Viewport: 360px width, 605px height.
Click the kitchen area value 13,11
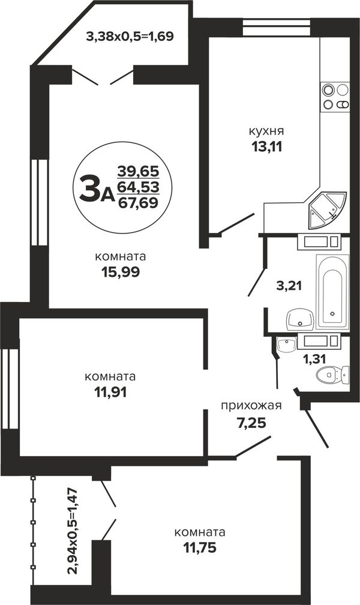tap(266, 146)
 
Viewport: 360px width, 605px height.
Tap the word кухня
tap(266, 131)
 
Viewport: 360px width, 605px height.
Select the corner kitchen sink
tap(328, 210)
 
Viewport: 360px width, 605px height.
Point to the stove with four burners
tap(335, 97)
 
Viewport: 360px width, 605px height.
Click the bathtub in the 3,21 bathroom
tap(332, 292)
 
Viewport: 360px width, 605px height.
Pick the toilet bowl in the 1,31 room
tap(332, 375)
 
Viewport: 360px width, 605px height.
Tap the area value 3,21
tap(289, 286)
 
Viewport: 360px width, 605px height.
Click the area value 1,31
tap(314, 359)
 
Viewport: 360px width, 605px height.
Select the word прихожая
tap(251, 406)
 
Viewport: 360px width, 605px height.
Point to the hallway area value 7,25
tap(251, 423)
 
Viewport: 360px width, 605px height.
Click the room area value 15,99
tap(121, 272)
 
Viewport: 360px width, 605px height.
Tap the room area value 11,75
tap(199, 547)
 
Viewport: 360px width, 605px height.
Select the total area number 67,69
tap(138, 202)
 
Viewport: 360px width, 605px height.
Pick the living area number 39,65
tap(138, 170)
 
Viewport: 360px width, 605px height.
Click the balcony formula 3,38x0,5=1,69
tap(130, 37)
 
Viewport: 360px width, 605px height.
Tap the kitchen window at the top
tap(276, 28)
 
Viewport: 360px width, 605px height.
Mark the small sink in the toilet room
tap(287, 345)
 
